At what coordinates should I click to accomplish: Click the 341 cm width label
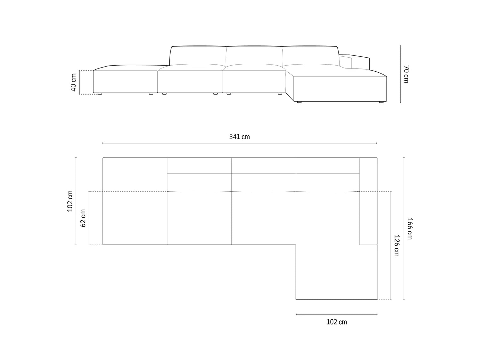click(x=239, y=137)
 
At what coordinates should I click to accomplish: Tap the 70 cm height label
click(x=406, y=74)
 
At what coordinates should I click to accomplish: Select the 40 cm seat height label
click(x=74, y=83)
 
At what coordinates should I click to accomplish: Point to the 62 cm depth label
click(x=83, y=218)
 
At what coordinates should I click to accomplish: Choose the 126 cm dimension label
click(x=396, y=245)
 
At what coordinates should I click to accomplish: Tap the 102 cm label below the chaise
click(x=336, y=322)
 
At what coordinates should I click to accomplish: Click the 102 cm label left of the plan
click(x=70, y=201)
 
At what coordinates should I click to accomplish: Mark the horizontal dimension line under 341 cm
click(x=239, y=143)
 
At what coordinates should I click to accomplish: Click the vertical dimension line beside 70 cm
click(x=400, y=74)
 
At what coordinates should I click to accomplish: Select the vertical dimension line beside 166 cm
click(x=404, y=228)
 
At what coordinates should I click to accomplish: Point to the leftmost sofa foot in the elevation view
click(x=100, y=94)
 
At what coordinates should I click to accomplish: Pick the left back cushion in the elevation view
click(x=198, y=56)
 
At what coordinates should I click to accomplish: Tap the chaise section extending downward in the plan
click(x=336, y=272)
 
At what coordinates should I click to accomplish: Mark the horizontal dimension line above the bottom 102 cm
click(x=336, y=315)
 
